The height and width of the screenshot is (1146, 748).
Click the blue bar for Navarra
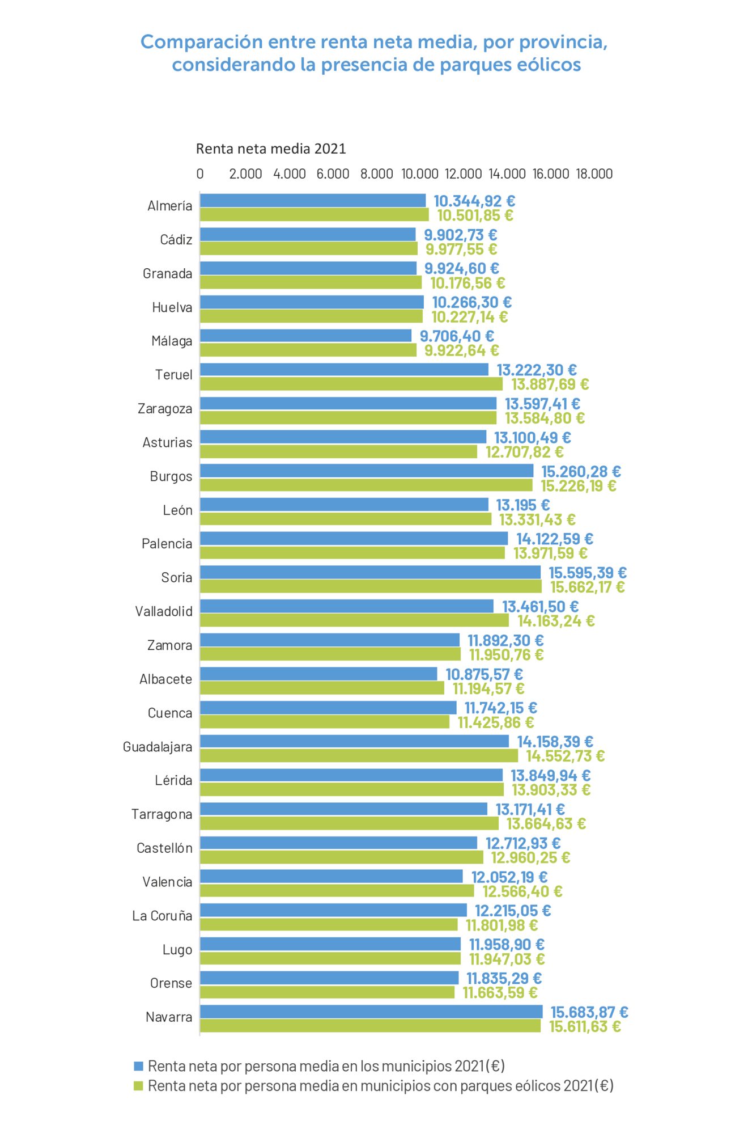[x=371, y=1012]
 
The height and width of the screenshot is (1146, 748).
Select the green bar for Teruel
[x=351, y=384]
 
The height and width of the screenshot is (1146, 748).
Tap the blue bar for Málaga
[x=306, y=336]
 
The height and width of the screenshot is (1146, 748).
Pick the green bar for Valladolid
[x=354, y=620]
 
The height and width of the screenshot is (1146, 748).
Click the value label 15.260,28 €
[x=581, y=471]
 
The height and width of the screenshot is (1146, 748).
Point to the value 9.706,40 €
[x=457, y=336]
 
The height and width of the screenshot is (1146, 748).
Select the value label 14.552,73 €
[x=565, y=756]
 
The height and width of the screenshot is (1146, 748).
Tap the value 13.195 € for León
[x=522, y=505]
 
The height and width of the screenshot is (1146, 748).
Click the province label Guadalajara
[x=158, y=747]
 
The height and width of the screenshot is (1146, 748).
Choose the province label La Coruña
[x=162, y=916]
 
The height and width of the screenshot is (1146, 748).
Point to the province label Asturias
[x=167, y=442]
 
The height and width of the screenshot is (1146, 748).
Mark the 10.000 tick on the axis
[x=420, y=174]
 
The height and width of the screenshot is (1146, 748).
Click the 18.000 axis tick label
[x=594, y=174]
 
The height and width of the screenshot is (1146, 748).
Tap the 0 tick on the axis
[x=200, y=174]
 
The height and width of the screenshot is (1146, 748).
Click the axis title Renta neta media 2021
[x=271, y=149]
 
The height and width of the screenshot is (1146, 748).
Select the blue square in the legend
[x=138, y=1066]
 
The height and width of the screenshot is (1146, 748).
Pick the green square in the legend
[x=138, y=1086]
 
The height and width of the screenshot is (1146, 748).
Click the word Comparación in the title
[x=202, y=41]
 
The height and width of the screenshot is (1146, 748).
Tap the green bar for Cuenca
[x=325, y=722]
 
